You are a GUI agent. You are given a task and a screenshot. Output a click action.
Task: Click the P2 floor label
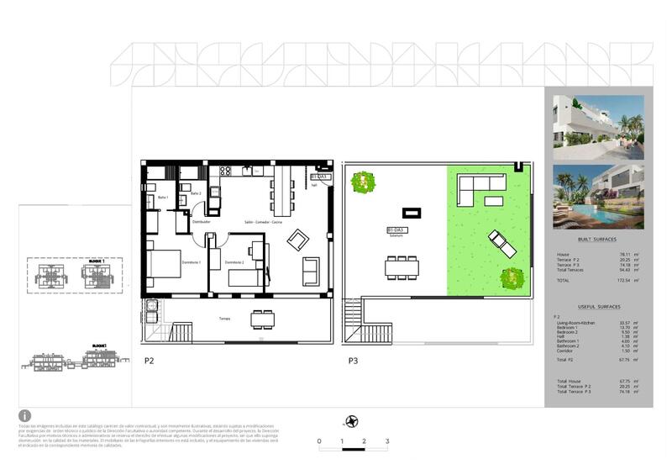pyautogui.click(x=150, y=362)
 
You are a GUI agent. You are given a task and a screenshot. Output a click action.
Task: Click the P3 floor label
pyautogui.click(x=354, y=362)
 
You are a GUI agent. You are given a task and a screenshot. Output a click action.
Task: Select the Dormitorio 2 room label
pyautogui.click(x=235, y=263)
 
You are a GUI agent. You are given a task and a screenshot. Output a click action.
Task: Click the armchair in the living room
pyautogui.click(x=297, y=240)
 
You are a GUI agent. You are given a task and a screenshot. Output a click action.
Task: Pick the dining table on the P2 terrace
pyautogui.click(x=263, y=319)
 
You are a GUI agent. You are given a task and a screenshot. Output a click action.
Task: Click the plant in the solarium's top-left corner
pyautogui.click(x=363, y=182)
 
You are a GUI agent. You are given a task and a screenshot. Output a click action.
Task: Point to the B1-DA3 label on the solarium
pyautogui.click(x=396, y=230)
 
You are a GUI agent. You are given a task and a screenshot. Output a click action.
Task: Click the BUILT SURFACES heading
pyautogui.click(x=597, y=240)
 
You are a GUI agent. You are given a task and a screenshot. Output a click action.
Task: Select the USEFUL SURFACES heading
pyautogui.click(x=597, y=307)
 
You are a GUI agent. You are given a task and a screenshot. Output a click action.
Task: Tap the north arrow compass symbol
pyautogui.click(x=353, y=421)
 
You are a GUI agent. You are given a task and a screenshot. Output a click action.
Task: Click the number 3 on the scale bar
pyautogui.click(x=386, y=441)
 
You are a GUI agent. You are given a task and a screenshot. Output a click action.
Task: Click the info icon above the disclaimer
pyautogui.click(x=25, y=416)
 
